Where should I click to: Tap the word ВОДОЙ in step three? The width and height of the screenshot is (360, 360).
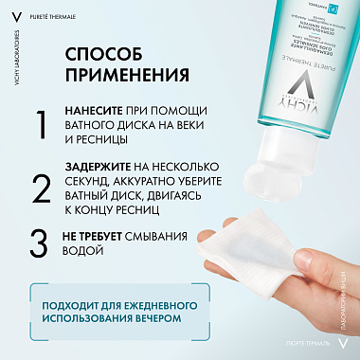[82, 252]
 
